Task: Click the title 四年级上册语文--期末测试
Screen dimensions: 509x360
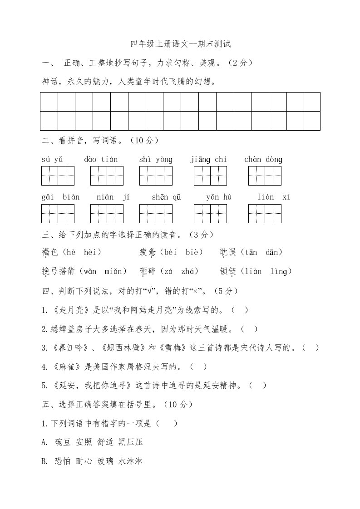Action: coord(181,44)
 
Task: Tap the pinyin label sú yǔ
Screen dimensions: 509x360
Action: coord(52,159)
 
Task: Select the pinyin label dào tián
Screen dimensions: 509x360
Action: coord(101,159)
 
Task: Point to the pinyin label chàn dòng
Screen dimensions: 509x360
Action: coord(263,159)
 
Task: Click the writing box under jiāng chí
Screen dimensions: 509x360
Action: coord(210,176)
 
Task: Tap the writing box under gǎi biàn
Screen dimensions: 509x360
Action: coord(58,214)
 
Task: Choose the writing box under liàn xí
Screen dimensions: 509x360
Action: coord(265,214)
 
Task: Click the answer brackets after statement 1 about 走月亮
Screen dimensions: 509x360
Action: coord(240,310)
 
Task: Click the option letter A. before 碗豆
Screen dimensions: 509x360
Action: coord(44,442)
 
